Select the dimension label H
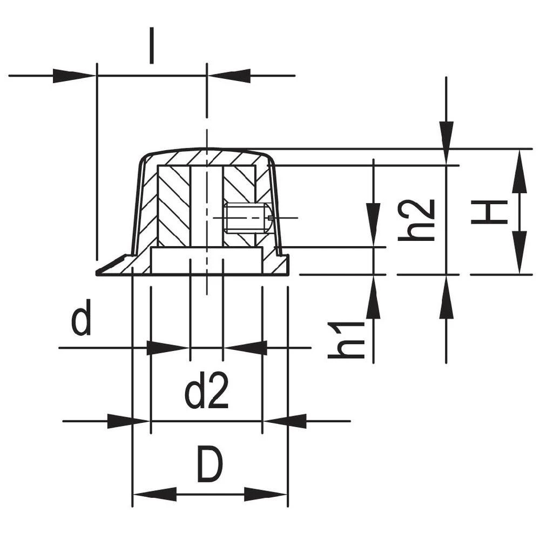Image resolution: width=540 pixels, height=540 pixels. [489, 212]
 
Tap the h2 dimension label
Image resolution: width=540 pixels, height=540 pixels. [417, 220]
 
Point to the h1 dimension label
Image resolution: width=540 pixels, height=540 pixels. [347, 340]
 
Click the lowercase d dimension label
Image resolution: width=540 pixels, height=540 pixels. [81, 321]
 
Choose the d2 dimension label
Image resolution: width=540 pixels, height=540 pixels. [207, 393]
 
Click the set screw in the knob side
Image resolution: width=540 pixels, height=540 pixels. [247, 218]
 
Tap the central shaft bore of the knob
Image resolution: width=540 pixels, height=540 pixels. [207, 205]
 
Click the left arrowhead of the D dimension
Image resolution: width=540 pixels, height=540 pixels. [154, 494]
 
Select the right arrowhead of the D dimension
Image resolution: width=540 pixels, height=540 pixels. [266, 494]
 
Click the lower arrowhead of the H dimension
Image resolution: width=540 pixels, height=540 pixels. [519, 252]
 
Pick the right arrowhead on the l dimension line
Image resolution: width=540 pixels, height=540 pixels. [229, 76]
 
